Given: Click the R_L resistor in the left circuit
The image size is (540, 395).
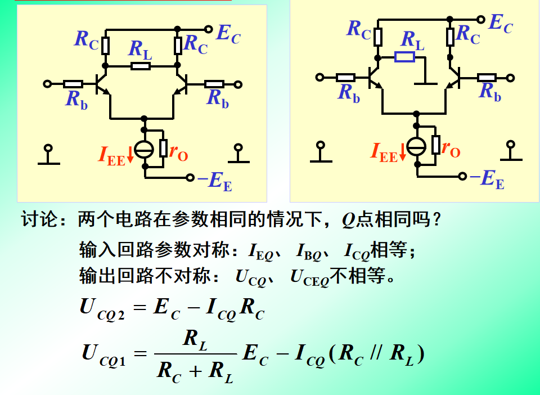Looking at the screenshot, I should tap(141, 66).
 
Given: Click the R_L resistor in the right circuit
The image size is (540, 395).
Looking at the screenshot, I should tap(404, 56).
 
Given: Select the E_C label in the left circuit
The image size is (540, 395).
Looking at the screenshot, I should tap(228, 34).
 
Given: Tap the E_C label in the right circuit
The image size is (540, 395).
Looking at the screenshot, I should tap(500, 24).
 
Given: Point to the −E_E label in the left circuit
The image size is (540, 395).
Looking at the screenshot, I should tap(214, 181).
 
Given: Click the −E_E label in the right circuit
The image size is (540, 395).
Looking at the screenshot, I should tap(487, 179).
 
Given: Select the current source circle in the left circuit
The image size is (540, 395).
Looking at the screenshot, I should tap(145, 149).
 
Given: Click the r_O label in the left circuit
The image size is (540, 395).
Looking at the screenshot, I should tap(178, 151).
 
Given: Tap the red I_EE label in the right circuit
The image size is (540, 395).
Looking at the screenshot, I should tap(384, 151).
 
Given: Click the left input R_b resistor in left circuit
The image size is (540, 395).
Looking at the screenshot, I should tap(73, 84).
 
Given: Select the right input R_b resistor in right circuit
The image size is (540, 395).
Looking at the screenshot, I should tap(487, 78).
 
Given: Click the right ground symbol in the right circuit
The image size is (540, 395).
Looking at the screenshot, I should tap(511, 152).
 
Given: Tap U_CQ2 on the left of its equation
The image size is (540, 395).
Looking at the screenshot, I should tap(102, 309).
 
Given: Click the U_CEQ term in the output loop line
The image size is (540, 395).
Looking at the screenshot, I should tap(309, 277).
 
